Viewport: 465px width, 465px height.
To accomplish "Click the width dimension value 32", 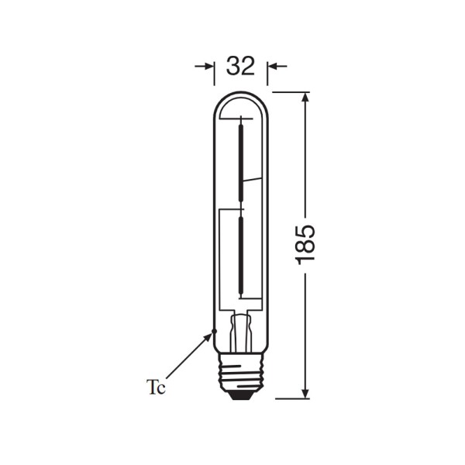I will point(240,67).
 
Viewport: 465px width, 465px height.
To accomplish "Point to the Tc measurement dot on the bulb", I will point(212,333).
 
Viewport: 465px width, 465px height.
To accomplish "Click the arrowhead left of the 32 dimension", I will point(208,67).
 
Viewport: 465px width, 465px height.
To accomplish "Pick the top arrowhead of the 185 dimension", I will point(306,98).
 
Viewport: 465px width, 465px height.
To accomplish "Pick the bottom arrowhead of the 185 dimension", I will point(306,391).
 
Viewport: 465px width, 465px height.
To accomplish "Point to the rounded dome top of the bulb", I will point(241,95).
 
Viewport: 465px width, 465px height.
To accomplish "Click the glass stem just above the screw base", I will point(241,329).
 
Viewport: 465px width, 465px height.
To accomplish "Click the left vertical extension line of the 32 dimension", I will point(215,74).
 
